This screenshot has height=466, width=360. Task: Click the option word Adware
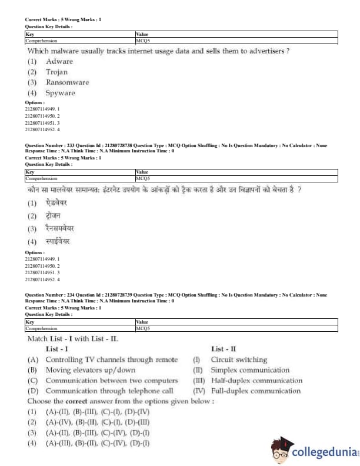click(x=59, y=61)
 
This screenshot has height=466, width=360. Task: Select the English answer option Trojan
click(x=57, y=72)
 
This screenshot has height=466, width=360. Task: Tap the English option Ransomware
click(x=67, y=82)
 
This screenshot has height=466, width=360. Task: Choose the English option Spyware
click(x=60, y=93)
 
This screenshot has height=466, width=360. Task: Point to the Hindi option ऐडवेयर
click(x=57, y=203)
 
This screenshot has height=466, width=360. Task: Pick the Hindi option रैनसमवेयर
click(x=61, y=228)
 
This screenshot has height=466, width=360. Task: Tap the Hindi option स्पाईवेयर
click(x=58, y=241)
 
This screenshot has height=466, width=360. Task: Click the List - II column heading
click(x=224, y=349)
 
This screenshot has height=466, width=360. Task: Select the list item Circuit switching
click(x=239, y=360)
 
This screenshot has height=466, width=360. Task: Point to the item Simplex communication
click(x=250, y=370)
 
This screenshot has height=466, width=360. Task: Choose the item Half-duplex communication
click(x=256, y=381)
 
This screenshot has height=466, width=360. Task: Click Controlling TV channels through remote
click(x=111, y=360)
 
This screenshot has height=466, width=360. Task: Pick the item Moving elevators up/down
click(x=90, y=370)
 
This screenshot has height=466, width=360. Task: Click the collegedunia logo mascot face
click(x=281, y=451)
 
